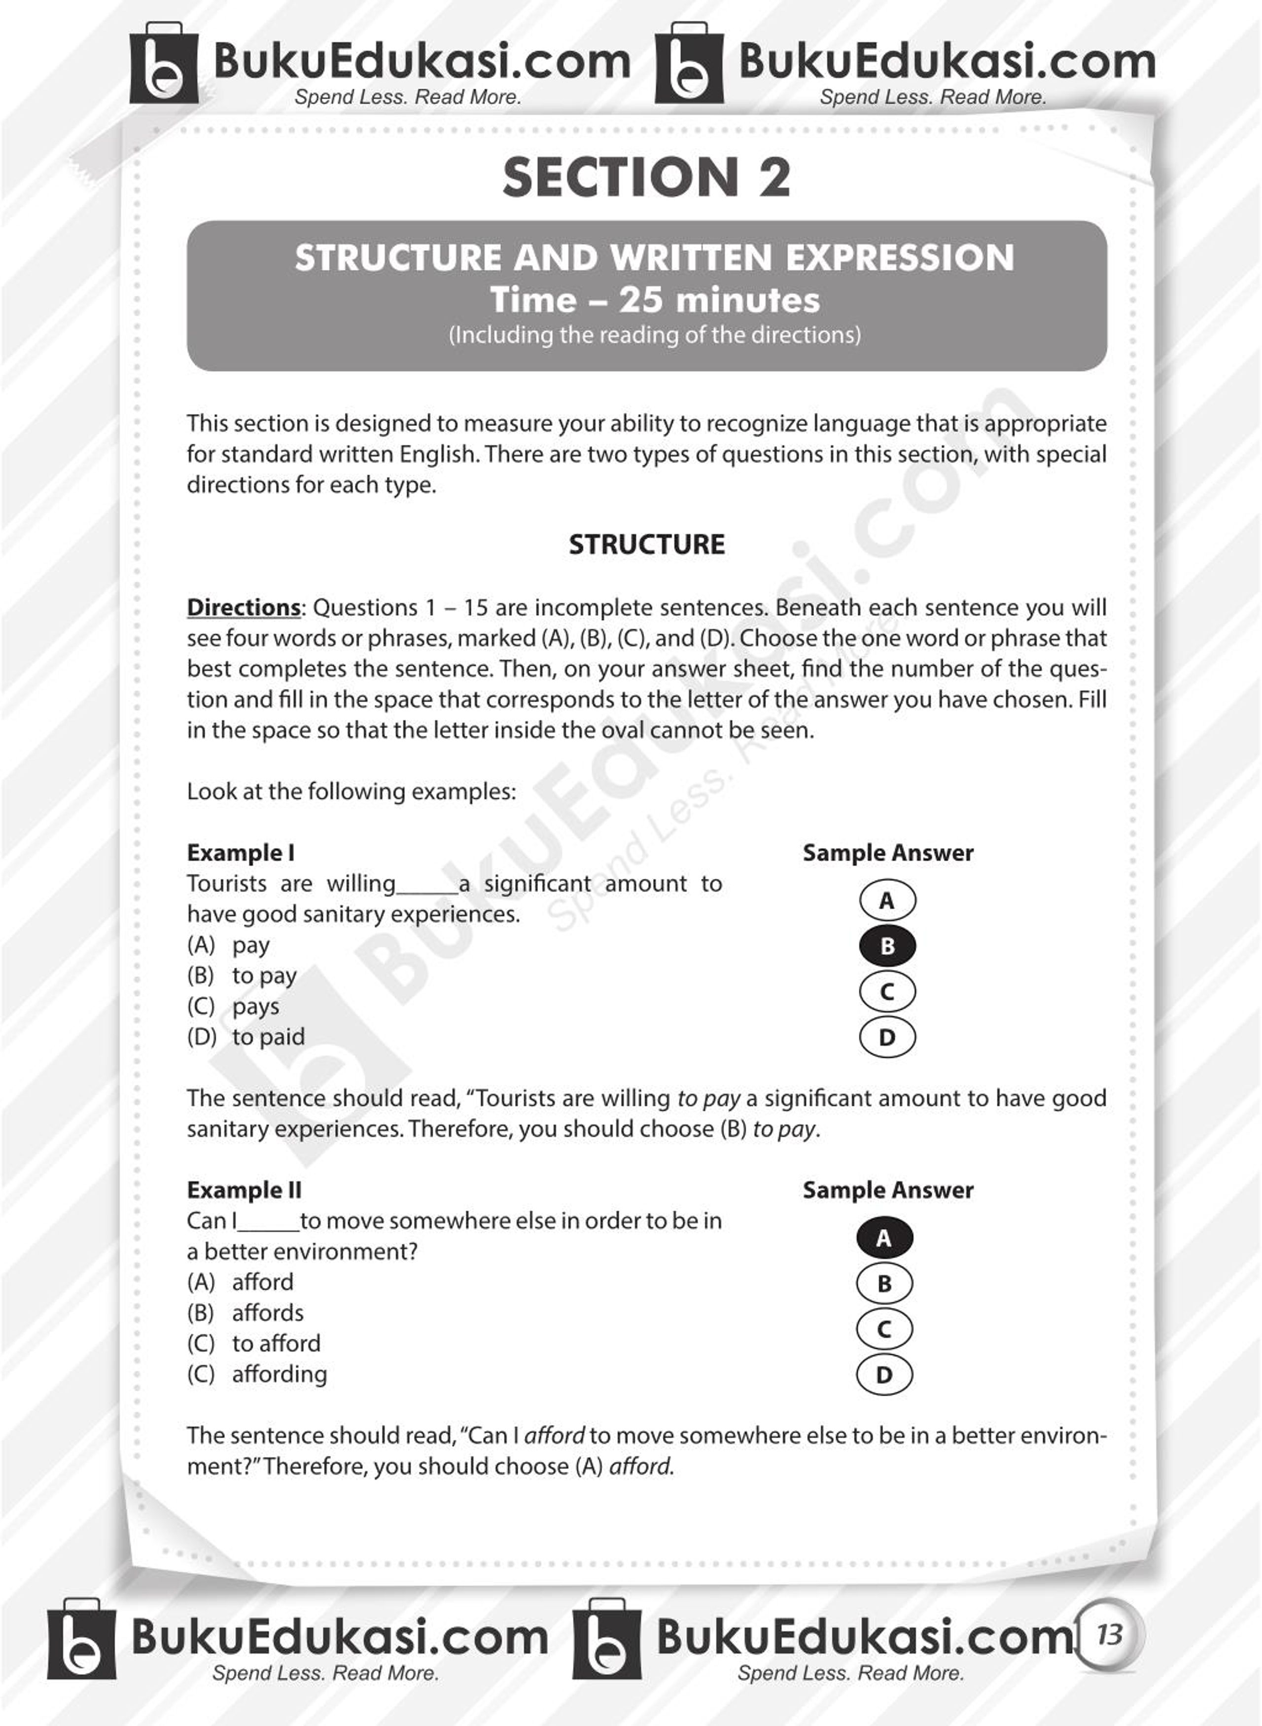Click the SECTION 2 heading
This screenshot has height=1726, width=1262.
click(x=646, y=177)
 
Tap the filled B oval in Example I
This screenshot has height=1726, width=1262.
click(x=887, y=946)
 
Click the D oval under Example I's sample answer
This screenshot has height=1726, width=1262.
click(x=887, y=1038)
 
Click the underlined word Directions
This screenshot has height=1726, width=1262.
click(x=244, y=608)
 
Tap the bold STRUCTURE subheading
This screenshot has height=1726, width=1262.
click(x=646, y=544)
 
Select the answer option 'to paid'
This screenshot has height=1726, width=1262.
click(x=268, y=1037)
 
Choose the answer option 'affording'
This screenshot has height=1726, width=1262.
click(x=280, y=1374)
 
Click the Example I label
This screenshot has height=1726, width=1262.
click(x=241, y=853)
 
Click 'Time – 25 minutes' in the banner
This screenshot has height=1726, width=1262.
click(x=655, y=299)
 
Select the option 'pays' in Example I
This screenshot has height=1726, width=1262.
click(x=255, y=1007)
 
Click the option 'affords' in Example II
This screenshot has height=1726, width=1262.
click(x=267, y=1313)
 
